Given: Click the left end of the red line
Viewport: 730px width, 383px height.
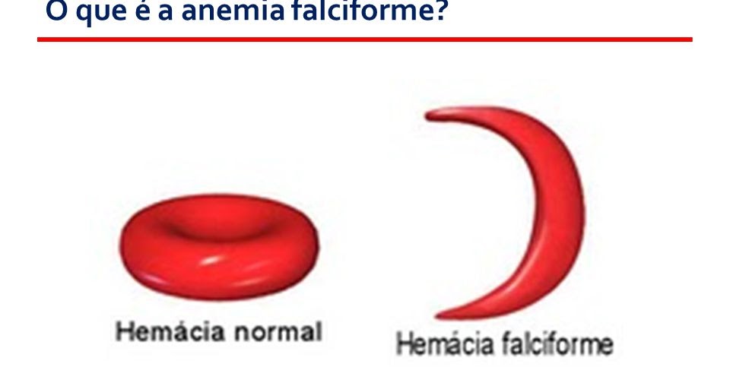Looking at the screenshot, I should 40,39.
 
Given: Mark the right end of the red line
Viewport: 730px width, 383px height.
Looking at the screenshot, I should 690,39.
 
